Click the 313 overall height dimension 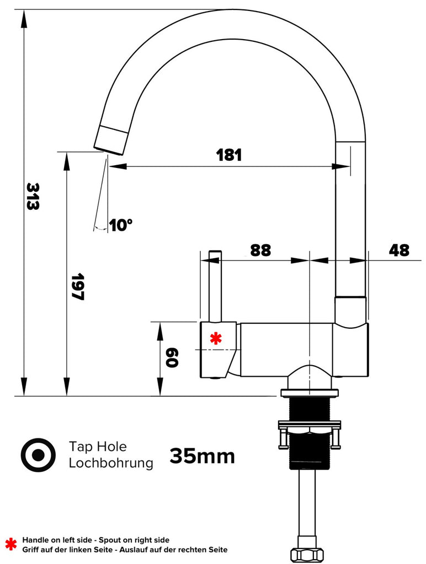pos(33,196)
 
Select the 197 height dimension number pos(77,286)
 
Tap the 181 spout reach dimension pos(229,155)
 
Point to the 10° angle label pos(121,225)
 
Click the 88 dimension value pos(260,250)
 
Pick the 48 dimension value pos(399,250)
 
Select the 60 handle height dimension pos(171,358)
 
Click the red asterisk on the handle pos(215,339)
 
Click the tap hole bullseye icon pos(38,455)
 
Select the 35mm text pos(202,456)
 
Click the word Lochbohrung pos(110,463)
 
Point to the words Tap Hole pos(98,446)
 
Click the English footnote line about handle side pos(95,540)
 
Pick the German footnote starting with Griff pos(124,550)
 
